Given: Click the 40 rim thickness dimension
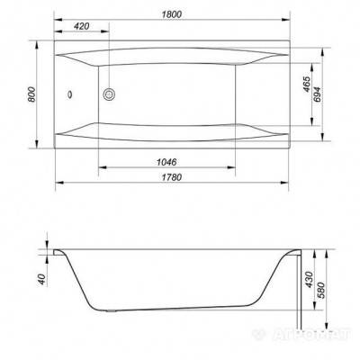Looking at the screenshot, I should tap(42, 280).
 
